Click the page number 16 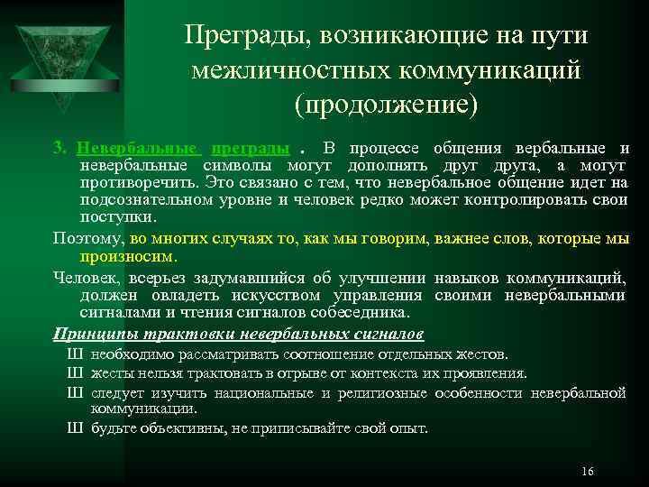[x=588, y=472]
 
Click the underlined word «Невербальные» [x=138, y=148]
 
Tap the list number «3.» [x=60, y=148]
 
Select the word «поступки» [x=117, y=217]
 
